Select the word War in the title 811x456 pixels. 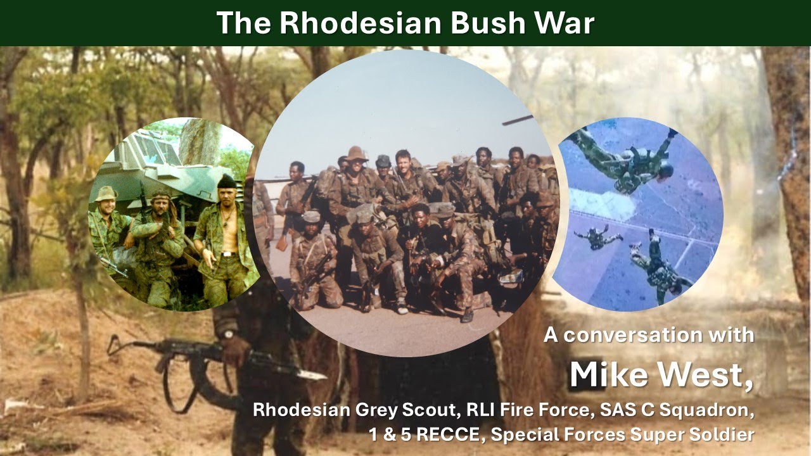[563, 23]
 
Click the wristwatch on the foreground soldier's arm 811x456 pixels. [226, 334]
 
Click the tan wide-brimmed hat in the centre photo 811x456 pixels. [357, 154]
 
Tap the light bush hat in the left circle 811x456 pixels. [106, 194]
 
